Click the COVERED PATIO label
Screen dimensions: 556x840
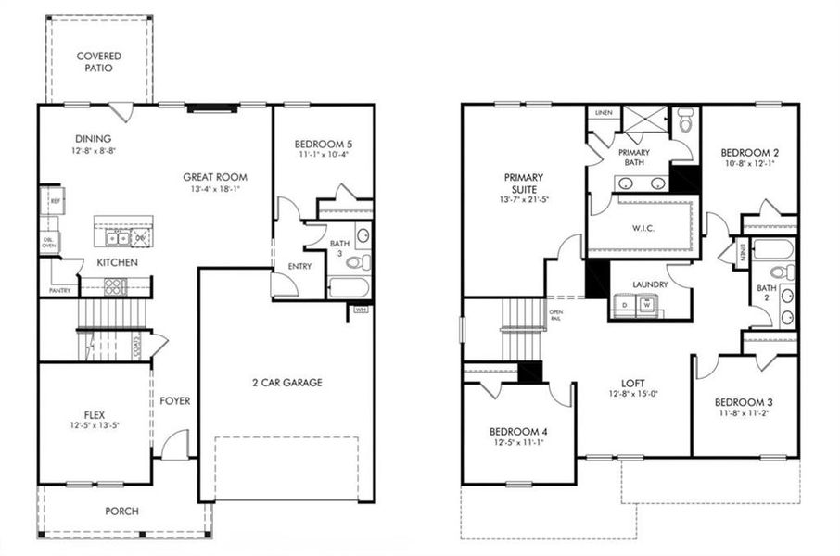click(98, 62)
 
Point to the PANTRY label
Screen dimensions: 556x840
click(58, 290)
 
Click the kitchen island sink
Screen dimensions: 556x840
click(117, 239)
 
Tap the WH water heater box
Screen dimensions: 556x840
click(360, 310)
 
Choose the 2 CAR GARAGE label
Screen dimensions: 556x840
click(286, 383)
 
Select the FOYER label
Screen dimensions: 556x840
click(174, 401)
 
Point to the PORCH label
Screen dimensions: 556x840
click(121, 511)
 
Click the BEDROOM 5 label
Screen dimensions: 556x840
click(322, 144)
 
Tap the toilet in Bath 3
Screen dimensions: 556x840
click(358, 263)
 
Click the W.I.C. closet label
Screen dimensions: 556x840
click(643, 227)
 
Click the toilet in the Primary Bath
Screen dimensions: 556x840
click(685, 121)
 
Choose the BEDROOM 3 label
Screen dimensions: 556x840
click(745, 402)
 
